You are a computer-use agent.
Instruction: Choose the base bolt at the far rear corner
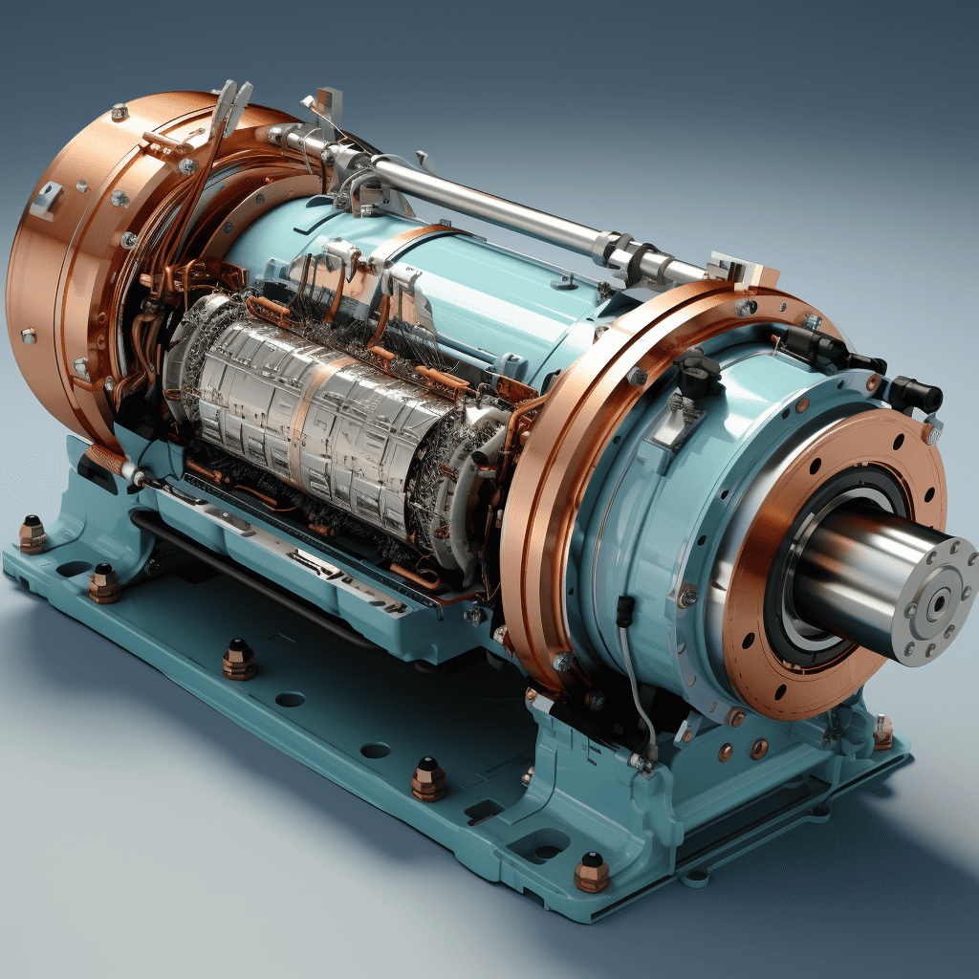[33, 534]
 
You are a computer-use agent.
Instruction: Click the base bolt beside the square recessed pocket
[592, 871]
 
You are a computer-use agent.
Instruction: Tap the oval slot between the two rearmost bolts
[73, 570]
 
